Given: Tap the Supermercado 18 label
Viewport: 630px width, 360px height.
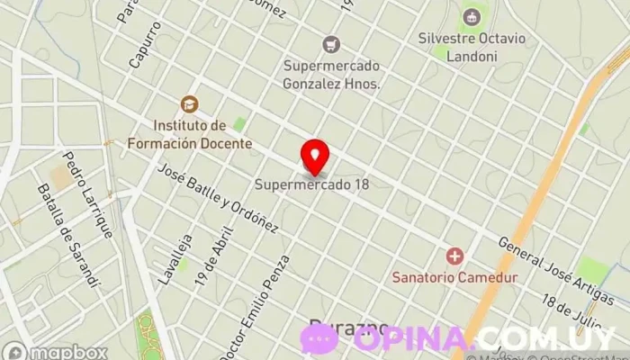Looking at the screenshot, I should tap(311, 185).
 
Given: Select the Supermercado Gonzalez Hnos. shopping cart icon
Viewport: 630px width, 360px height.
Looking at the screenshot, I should tap(332, 44).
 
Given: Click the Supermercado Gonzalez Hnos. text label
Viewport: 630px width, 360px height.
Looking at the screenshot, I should tap(332, 74).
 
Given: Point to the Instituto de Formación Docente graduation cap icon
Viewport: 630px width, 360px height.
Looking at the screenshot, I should tap(188, 104).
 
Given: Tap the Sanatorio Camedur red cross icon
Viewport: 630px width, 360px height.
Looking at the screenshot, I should tap(454, 256).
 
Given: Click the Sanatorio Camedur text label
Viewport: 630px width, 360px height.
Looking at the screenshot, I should tap(454, 277).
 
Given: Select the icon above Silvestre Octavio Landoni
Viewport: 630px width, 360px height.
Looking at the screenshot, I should tap(471, 15).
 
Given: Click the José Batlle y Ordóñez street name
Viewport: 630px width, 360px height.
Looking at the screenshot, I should tap(217, 199).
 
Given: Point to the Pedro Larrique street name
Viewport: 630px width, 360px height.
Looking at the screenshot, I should tap(87, 193).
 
